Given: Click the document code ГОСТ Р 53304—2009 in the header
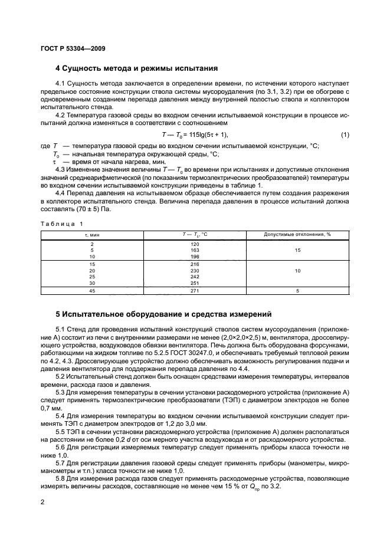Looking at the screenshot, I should pos(73,48).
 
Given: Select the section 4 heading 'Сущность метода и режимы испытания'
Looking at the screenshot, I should pos(136,68).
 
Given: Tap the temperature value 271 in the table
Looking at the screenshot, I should pos(195,291).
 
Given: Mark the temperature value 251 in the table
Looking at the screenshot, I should pos(195,282).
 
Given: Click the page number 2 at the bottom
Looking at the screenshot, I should pos(42,502).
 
